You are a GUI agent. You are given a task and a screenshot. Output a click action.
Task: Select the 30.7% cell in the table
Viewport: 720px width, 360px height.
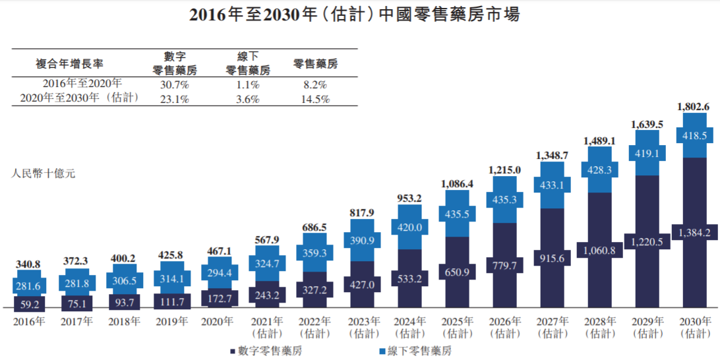(x=175, y=84)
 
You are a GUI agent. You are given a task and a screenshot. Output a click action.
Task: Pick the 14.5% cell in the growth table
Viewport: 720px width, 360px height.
(x=315, y=100)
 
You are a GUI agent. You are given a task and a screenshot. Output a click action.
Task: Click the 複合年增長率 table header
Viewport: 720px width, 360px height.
(x=69, y=63)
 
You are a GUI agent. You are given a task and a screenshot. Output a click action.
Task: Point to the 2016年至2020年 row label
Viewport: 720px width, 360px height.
(x=82, y=84)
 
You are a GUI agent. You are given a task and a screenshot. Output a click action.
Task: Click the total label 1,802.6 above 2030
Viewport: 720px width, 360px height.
(x=694, y=106)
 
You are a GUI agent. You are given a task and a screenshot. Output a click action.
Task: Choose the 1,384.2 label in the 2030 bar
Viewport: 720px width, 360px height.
(x=694, y=232)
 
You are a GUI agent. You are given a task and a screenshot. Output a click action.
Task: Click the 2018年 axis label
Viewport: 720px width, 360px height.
(x=123, y=322)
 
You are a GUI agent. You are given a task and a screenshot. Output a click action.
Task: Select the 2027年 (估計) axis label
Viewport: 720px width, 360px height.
(x=552, y=327)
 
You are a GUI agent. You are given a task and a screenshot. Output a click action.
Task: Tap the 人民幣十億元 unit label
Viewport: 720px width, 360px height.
(x=44, y=174)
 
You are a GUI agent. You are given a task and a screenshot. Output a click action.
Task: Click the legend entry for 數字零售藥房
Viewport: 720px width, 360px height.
(x=265, y=351)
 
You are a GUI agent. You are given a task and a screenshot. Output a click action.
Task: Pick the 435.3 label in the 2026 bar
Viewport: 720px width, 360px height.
(x=504, y=198)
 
